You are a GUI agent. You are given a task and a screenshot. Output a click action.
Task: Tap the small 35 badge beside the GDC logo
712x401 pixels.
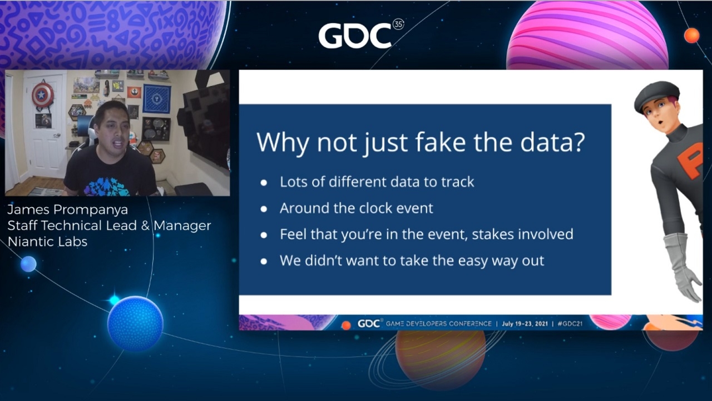(399, 24)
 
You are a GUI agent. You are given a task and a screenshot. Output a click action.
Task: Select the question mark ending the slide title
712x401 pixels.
(578, 142)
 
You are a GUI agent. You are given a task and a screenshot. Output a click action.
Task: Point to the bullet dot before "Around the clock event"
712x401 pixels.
(264, 209)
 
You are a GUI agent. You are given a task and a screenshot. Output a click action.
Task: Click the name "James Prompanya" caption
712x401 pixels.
(68, 210)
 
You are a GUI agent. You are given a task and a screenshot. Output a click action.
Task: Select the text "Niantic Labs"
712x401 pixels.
(47, 242)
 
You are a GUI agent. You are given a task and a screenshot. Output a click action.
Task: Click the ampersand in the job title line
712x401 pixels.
(145, 225)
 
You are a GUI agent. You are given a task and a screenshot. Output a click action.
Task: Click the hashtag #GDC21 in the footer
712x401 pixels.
(570, 324)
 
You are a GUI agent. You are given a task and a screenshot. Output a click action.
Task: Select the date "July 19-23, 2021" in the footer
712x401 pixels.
(525, 324)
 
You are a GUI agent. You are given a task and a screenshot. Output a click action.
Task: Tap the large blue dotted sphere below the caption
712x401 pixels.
(135, 324)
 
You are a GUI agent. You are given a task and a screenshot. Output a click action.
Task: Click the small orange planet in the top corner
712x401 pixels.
(691, 35)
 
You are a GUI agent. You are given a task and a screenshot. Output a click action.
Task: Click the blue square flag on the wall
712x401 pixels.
(156, 98)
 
